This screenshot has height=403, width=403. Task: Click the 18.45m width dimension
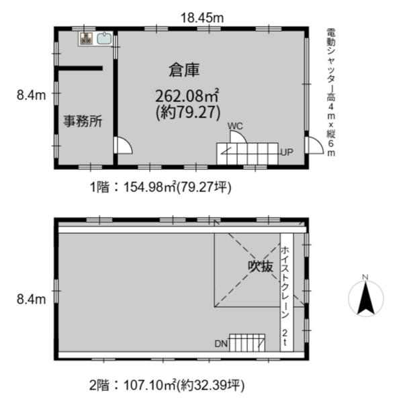(202, 18)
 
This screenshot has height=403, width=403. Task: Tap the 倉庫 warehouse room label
(184, 70)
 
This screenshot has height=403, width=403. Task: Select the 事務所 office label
(83, 121)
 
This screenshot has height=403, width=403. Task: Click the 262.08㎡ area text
(187, 96)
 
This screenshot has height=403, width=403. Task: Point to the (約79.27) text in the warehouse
(188, 112)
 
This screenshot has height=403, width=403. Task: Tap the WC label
(235, 126)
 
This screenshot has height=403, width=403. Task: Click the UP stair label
(287, 152)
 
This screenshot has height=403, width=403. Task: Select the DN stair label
(221, 344)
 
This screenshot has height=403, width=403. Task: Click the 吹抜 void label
(261, 266)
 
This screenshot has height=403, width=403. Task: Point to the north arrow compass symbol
(366, 296)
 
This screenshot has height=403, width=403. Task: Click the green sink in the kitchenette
(104, 38)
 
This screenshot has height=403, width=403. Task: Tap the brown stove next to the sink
(86, 38)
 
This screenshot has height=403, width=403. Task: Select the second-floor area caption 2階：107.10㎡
(167, 386)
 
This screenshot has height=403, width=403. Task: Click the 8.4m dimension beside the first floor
(32, 95)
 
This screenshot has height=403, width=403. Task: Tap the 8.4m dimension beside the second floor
(32, 300)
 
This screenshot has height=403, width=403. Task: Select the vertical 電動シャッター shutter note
(331, 93)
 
